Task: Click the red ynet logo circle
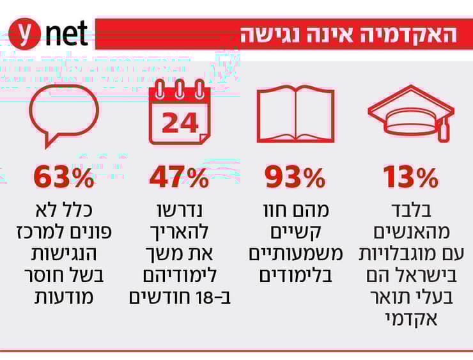tap(25, 34)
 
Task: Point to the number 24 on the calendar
tap(180, 122)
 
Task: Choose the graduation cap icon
tap(410, 115)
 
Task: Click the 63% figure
tap(64, 178)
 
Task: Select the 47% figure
tap(179, 178)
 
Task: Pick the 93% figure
tap(295, 178)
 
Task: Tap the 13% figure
tap(410, 178)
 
